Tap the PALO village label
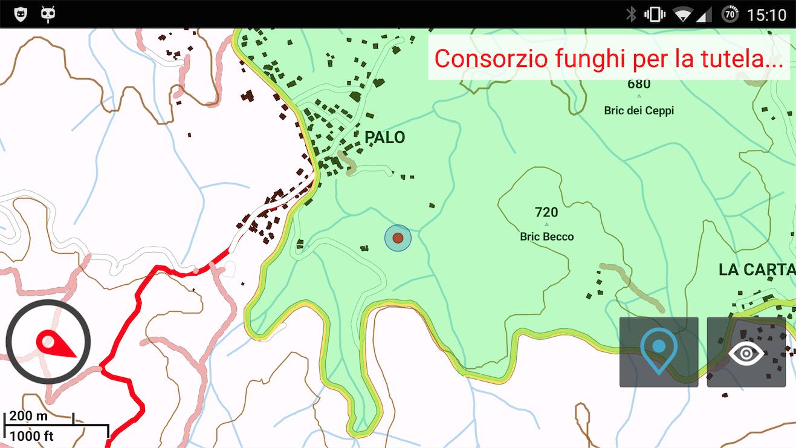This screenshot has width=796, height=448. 385,138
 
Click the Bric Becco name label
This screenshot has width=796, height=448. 546,237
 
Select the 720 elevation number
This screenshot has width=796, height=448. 546,212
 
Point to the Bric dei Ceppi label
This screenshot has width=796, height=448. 639,111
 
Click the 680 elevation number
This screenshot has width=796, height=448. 639,84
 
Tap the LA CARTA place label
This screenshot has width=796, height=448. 756,270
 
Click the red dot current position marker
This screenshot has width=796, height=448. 398,238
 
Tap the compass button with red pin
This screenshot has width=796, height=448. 48,342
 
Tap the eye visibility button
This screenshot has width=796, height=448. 746,352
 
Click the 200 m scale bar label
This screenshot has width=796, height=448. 29,416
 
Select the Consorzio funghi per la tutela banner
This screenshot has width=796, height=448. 609,58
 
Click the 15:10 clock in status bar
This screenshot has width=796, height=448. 766,15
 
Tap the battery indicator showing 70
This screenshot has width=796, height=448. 730,15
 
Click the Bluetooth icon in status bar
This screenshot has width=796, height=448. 631,15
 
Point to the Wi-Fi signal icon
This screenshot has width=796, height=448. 682,15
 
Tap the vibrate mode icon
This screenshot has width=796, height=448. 655,15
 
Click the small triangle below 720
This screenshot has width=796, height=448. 546,224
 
